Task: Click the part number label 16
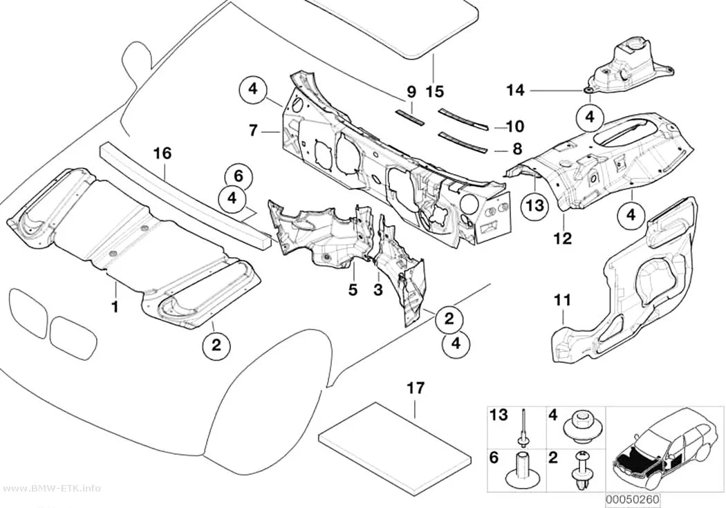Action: pyautogui.click(x=162, y=153)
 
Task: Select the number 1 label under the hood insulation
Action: pyautogui.click(x=115, y=305)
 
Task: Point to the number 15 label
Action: pyautogui.click(x=434, y=91)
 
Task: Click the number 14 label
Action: pyautogui.click(x=515, y=91)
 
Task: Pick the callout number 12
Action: pyautogui.click(x=563, y=238)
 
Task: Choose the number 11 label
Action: pyautogui.click(x=562, y=300)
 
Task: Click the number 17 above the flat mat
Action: pyautogui.click(x=416, y=388)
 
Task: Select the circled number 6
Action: pyautogui.click(x=238, y=176)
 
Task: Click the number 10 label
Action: pyautogui.click(x=515, y=126)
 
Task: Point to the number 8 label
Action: pyautogui.click(x=517, y=149)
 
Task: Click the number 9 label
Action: pyautogui.click(x=411, y=92)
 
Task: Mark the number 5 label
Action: pyautogui.click(x=353, y=290)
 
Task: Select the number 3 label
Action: pyautogui.click(x=378, y=290)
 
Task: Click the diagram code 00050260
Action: pyautogui.click(x=633, y=500)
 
